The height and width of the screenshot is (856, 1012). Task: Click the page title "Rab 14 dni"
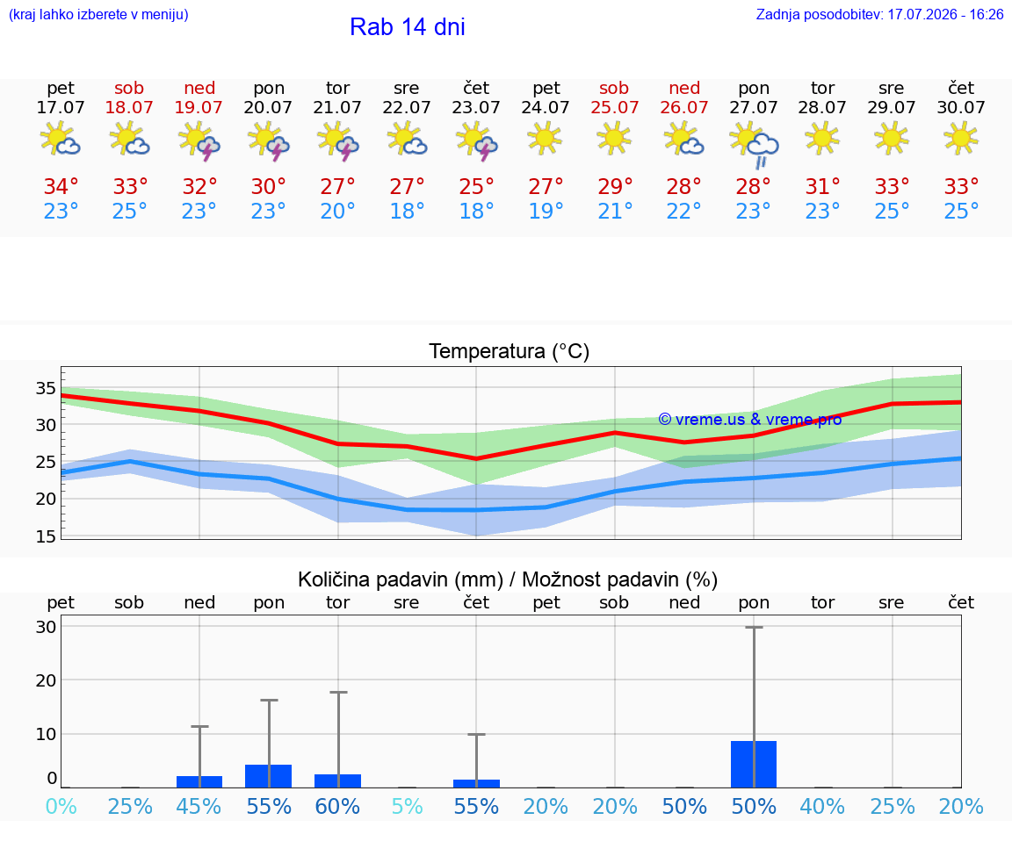pyautogui.click(x=408, y=27)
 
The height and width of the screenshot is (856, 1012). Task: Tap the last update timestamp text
pyautogui.click(x=879, y=14)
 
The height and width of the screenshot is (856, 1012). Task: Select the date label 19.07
pyautogui.click(x=199, y=107)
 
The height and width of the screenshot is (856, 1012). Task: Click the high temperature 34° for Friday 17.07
pyautogui.click(x=61, y=186)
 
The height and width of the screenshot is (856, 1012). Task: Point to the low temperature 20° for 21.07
pyautogui.click(x=337, y=211)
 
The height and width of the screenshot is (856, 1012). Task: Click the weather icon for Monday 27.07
pyautogui.click(x=754, y=143)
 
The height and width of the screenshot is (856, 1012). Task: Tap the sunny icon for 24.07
pyautogui.click(x=545, y=138)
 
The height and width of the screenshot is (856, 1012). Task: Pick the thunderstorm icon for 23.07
pyautogui.click(x=476, y=140)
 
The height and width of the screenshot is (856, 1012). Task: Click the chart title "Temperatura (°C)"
pyautogui.click(x=510, y=351)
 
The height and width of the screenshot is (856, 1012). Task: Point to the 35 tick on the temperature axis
pyautogui.click(x=46, y=388)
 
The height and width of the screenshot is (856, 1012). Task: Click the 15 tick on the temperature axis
pyautogui.click(x=46, y=536)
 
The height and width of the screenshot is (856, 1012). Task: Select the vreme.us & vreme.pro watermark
pyautogui.click(x=750, y=420)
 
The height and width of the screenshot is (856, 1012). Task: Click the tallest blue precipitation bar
pyautogui.click(x=754, y=764)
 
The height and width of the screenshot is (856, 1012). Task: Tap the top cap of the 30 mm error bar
pyautogui.click(x=754, y=627)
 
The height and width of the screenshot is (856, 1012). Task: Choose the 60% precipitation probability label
pyautogui.click(x=337, y=806)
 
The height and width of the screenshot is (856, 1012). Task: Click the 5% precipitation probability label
pyautogui.click(x=408, y=806)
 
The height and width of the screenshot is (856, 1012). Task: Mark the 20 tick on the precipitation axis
pyautogui.click(x=46, y=680)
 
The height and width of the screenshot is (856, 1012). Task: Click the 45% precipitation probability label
pyautogui.click(x=199, y=806)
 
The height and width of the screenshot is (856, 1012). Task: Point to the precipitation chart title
pyautogui.click(x=508, y=579)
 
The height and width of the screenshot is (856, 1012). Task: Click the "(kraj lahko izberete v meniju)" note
pyautogui.click(x=98, y=14)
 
